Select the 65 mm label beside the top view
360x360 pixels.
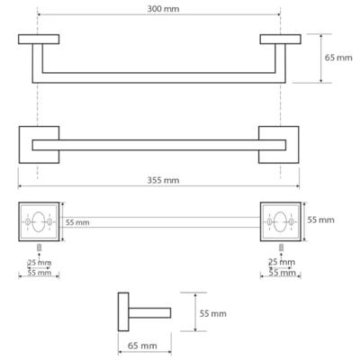pyautogui.click(x=338, y=58)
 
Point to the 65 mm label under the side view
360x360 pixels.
pyautogui.click(x=142, y=345)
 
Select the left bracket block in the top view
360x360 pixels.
pyautogui.click(x=39, y=40)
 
